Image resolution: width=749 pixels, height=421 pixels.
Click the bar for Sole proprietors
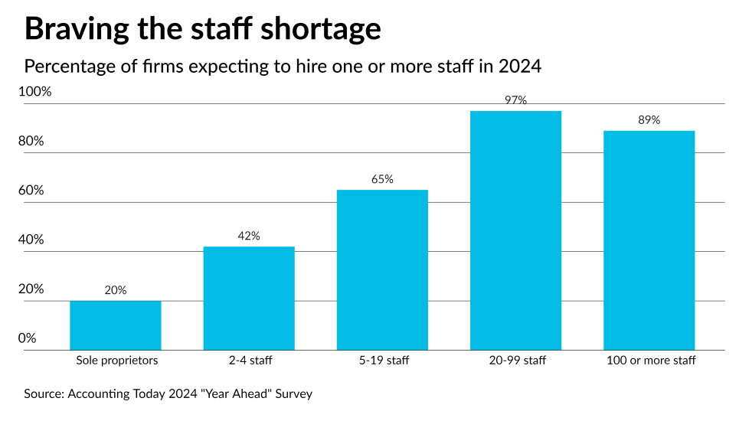pos(115,325)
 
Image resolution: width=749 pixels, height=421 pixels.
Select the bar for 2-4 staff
pos(248,299)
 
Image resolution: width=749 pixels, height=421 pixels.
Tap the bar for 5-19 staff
pos(382,269)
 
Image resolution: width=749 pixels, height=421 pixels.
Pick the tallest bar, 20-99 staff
pos(515,230)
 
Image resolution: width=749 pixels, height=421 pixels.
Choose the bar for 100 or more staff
pos(649,240)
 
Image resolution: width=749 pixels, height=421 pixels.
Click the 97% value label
pos(515,100)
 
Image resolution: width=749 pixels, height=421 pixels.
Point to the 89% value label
pos(649,120)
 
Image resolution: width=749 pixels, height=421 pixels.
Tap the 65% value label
pos(382,179)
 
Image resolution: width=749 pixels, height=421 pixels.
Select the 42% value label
pos(248,236)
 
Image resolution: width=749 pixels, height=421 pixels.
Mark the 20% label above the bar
pos(115,290)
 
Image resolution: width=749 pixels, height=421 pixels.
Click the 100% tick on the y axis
pos(35,92)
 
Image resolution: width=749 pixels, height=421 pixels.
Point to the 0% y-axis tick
pos(28,338)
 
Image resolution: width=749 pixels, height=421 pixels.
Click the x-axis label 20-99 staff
pos(515,360)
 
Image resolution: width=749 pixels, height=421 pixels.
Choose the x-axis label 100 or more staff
pos(649,360)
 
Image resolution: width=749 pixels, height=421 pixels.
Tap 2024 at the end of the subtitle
pos(520,67)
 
